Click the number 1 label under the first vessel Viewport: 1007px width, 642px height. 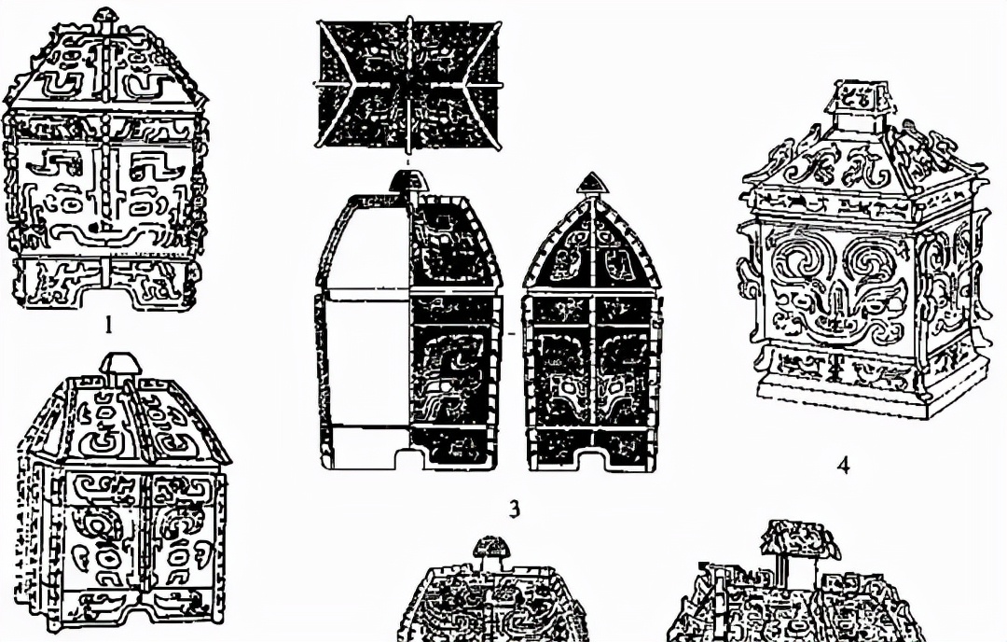[x=108, y=325]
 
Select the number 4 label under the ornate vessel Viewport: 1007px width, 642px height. [x=843, y=466]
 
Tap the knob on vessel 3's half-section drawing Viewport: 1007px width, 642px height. [x=407, y=181]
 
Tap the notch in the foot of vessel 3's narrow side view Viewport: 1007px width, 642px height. [x=592, y=460]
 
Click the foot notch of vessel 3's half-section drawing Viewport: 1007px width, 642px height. [x=407, y=460]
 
